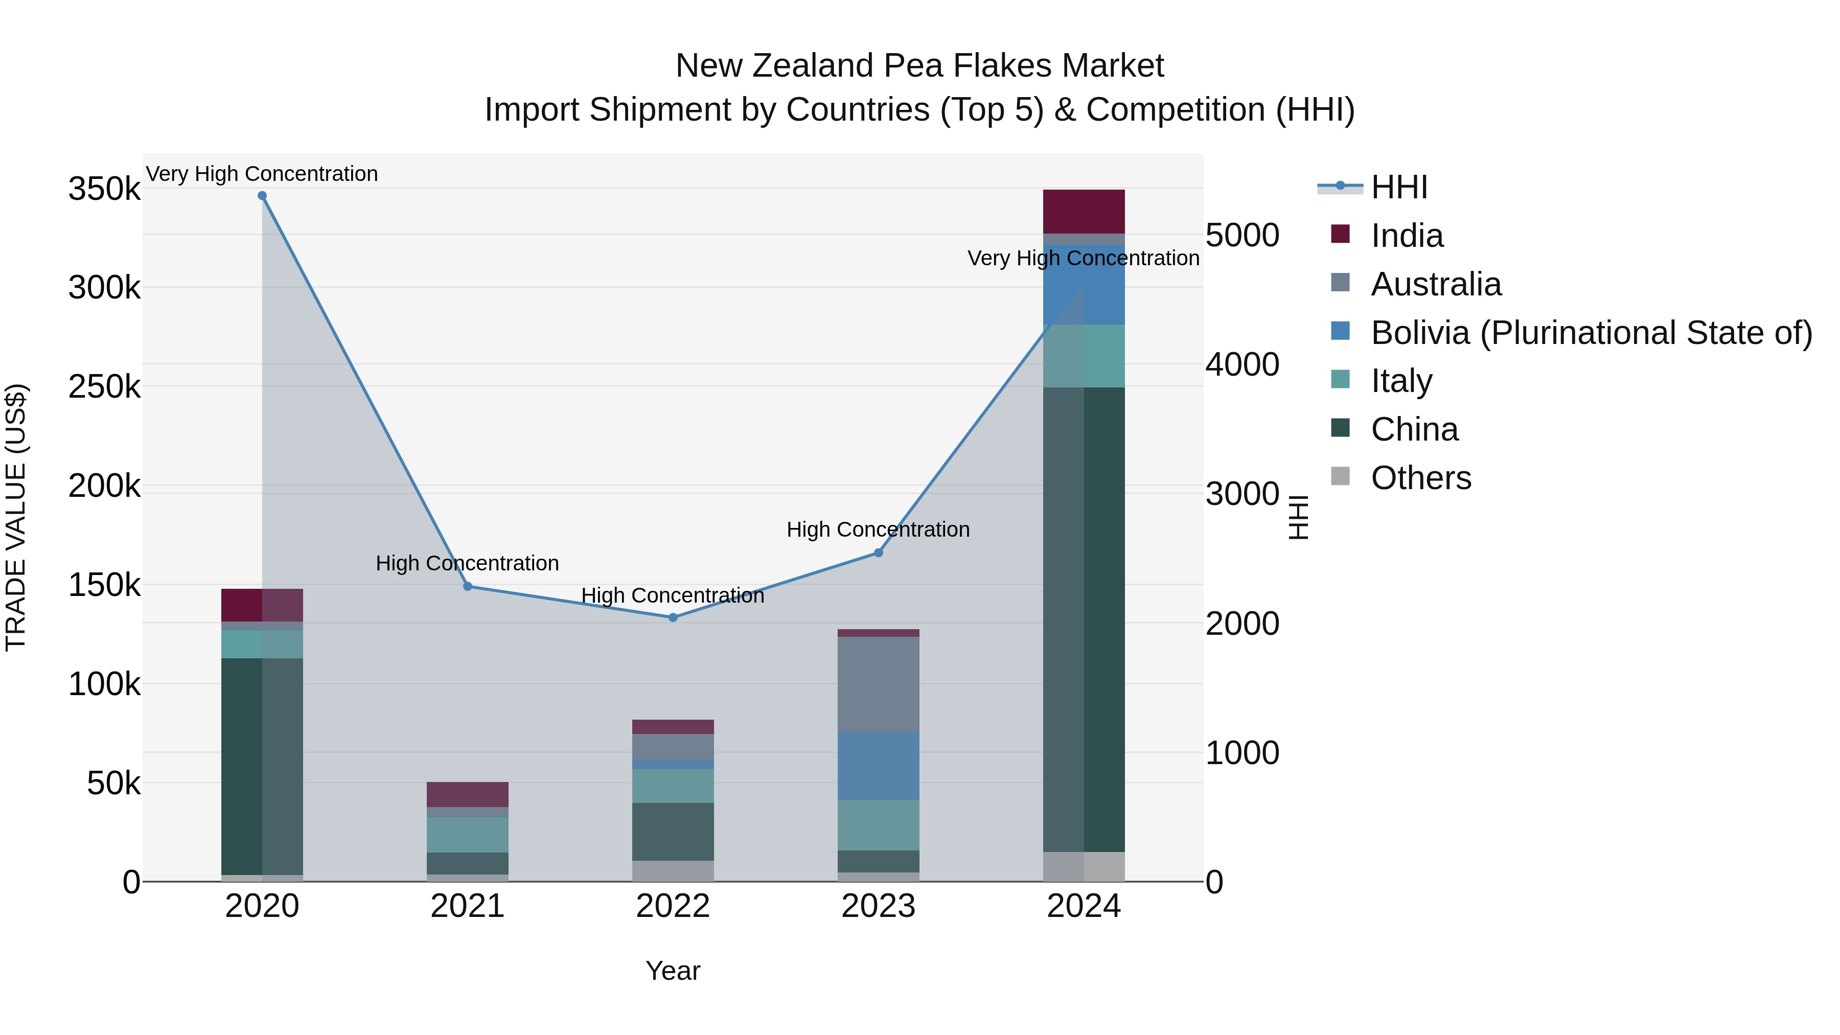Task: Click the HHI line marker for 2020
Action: [262, 196]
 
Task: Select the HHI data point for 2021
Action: [468, 586]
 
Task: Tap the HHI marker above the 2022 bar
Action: [673, 618]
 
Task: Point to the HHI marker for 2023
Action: [879, 553]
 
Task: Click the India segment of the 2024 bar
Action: [1084, 212]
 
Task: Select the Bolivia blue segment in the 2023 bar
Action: [879, 767]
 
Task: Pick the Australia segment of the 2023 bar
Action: [879, 684]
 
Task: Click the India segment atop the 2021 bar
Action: [468, 794]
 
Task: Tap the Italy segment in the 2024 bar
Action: [1084, 356]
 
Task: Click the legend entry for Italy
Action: [1401, 381]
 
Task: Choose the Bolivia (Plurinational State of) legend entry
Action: [1592, 333]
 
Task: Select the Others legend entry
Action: [1421, 478]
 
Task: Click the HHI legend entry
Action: [1398, 187]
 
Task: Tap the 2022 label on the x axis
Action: [673, 906]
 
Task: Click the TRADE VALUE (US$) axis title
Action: [16, 517]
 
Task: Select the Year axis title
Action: [673, 971]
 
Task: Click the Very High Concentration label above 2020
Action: [262, 174]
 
